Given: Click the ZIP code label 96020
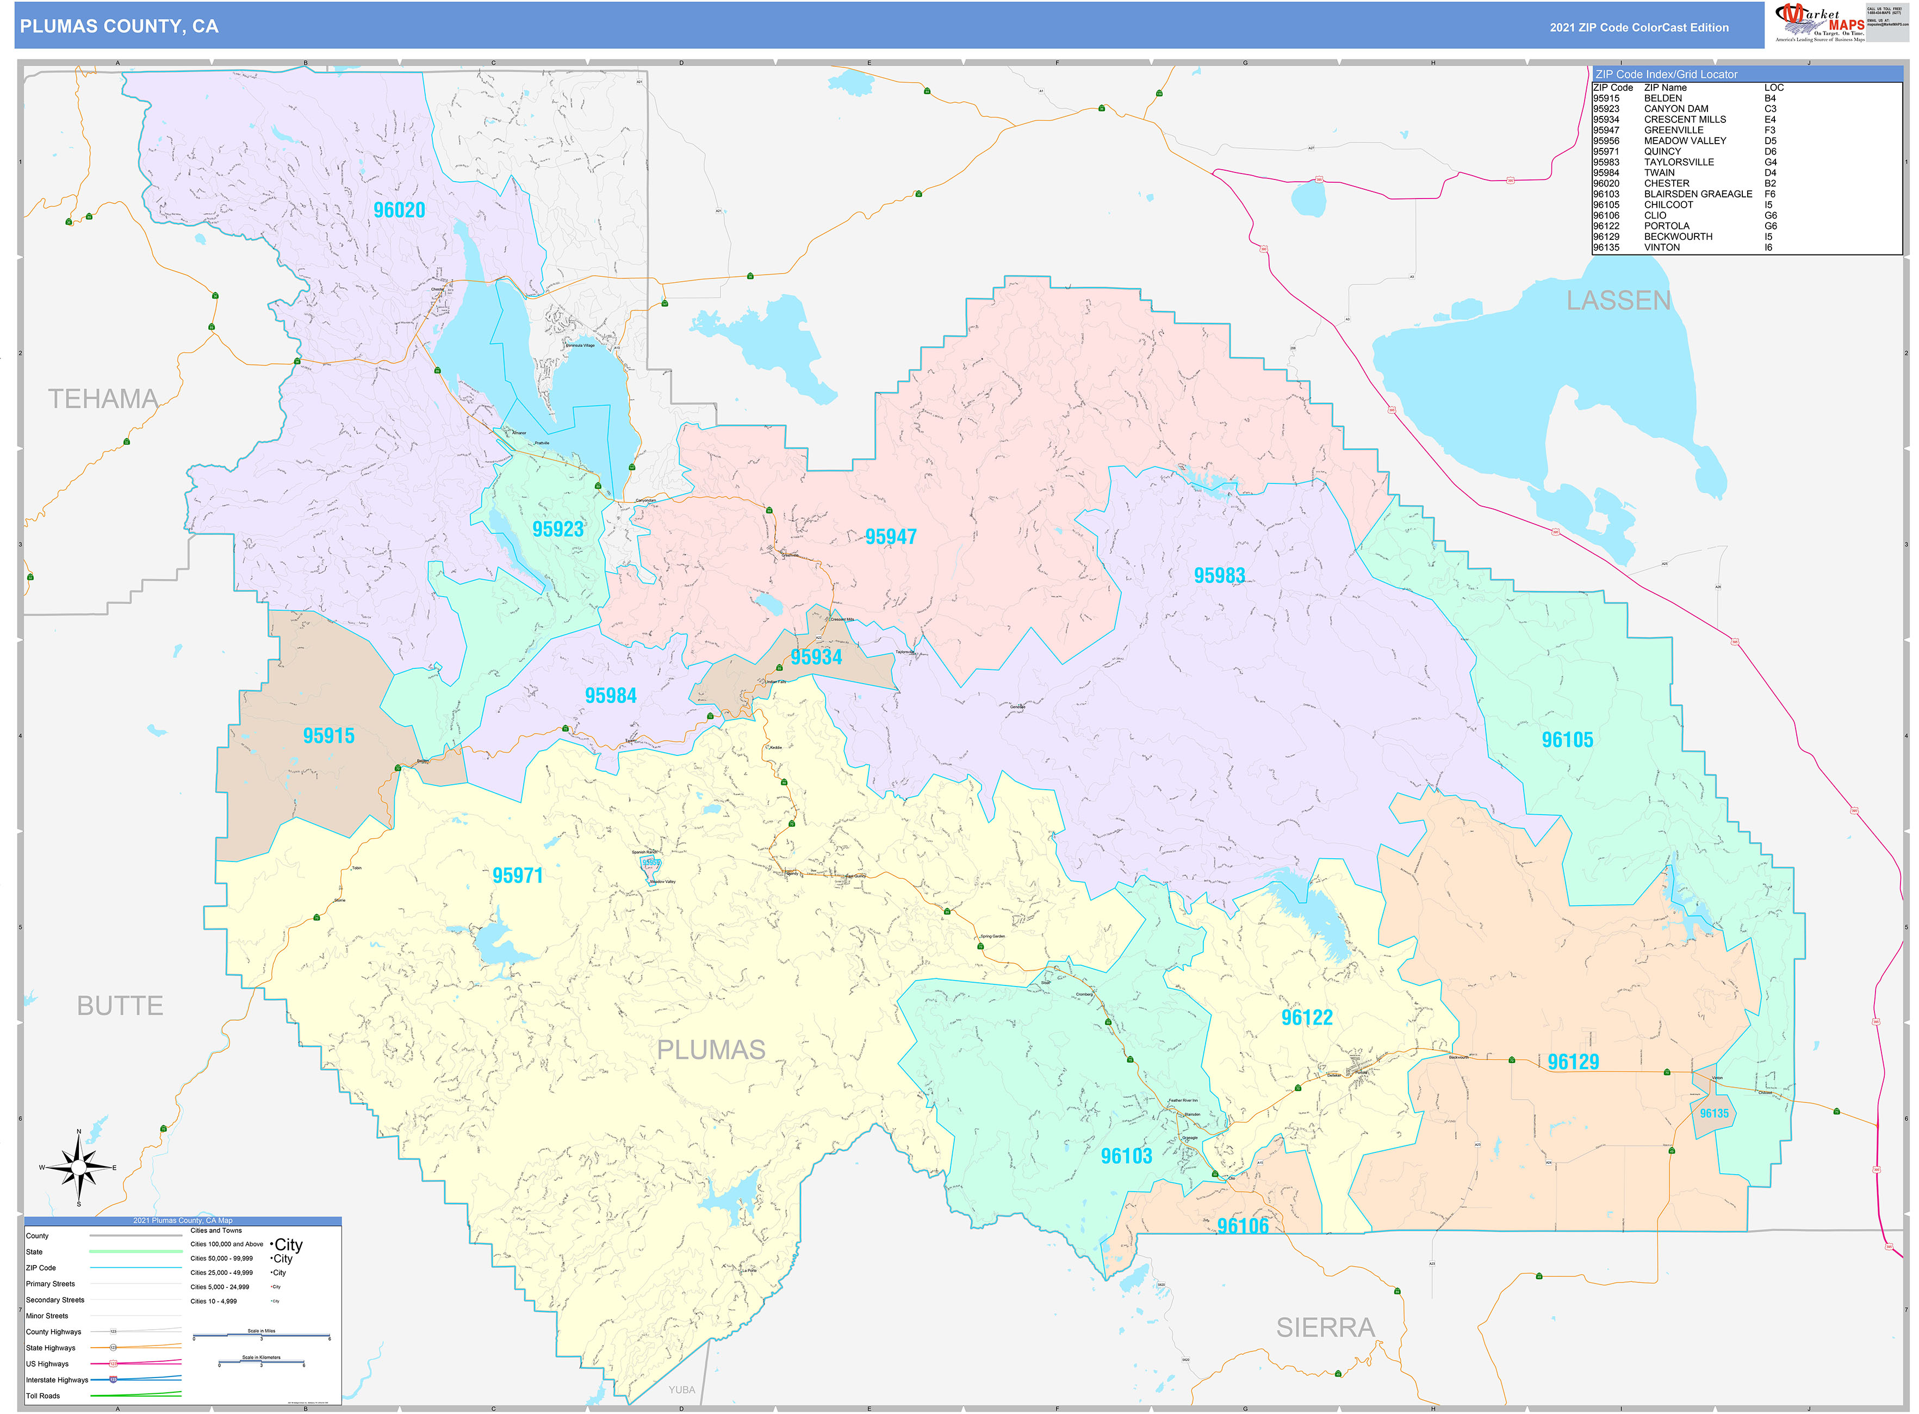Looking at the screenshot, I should (399, 210).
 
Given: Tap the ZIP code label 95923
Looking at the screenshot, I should (558, 529).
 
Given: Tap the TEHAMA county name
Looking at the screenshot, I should (103, 399).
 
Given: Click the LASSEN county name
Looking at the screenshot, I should (1618, 300).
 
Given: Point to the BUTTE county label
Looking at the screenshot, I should (120, 1006).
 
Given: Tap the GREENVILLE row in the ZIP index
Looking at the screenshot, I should (1673, 130).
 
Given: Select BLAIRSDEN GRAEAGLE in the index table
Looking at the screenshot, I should (1697, 194).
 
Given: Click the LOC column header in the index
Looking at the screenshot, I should (1773, 88).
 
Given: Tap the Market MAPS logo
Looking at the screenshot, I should (1819, 22).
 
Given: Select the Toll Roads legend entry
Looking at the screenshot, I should (43, 1396).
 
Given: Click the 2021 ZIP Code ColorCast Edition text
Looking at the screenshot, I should (1638, 27).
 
